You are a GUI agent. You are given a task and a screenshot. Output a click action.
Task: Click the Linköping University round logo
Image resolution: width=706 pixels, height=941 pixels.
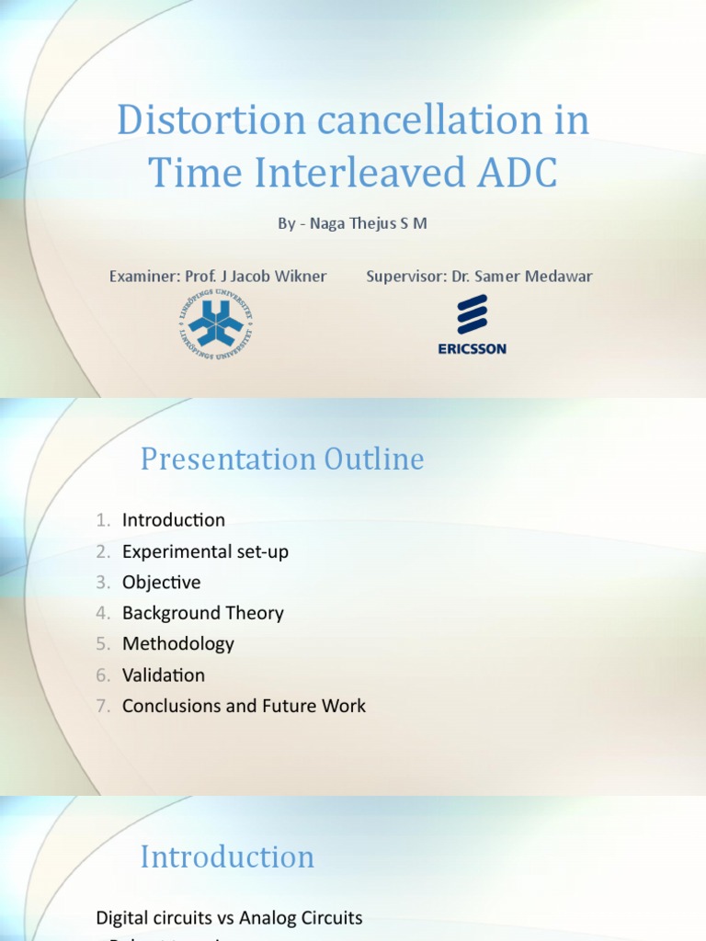pos(214,323)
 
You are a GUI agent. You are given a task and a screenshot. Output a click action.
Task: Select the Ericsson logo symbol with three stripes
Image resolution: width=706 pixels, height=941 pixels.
pos(472,314)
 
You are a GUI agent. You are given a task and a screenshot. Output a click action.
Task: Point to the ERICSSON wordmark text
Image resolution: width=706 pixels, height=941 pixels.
pos(472,348)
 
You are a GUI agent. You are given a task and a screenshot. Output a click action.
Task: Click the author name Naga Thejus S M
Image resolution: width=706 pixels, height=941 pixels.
pos(366,222)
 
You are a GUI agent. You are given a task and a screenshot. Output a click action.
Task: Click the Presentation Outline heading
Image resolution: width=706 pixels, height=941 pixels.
pos(282,459)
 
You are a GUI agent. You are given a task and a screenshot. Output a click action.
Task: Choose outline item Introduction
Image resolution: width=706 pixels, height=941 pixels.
pos(174,520)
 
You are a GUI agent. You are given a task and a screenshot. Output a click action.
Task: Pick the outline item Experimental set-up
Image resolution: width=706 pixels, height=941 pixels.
pos(205,551)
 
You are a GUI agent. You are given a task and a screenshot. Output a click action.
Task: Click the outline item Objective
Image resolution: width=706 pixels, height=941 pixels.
pos(161,583)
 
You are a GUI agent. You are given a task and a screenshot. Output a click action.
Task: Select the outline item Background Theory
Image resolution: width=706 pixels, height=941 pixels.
pos(203,613)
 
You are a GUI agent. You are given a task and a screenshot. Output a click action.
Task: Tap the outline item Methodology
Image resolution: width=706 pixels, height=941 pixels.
pos(178,644)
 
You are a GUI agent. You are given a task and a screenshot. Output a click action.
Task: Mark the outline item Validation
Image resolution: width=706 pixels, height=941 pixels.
pos(164,675)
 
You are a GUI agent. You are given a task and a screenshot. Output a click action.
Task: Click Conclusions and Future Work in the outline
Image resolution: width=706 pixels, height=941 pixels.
pos(244,706)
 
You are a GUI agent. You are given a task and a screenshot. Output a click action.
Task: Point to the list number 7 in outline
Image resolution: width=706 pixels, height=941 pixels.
pos(104,706)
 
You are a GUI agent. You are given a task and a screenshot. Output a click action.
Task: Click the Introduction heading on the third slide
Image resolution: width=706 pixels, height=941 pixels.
pos(227,856)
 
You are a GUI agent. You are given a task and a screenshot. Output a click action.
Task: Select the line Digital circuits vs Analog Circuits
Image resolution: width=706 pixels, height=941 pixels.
pos(229,917)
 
